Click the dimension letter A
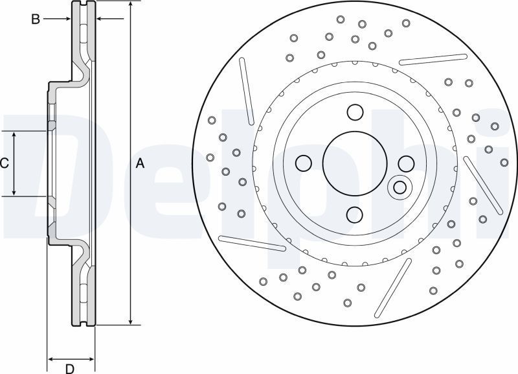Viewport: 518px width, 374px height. tap(141, 163)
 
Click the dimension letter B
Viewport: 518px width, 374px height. tap(36, 19)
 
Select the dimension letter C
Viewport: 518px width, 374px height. tap(5, 163)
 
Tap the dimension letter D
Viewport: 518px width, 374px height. tap(70, 369)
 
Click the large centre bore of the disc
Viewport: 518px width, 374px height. tap(354, 163)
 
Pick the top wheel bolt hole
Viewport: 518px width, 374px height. tap(355, 112)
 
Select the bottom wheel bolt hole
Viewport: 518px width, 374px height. tap(355, 215)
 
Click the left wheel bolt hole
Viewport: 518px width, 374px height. tap(304, 163)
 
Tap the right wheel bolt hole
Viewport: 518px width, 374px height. tap(406, 163)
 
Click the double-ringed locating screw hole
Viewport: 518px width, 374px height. tap(400, 187)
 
